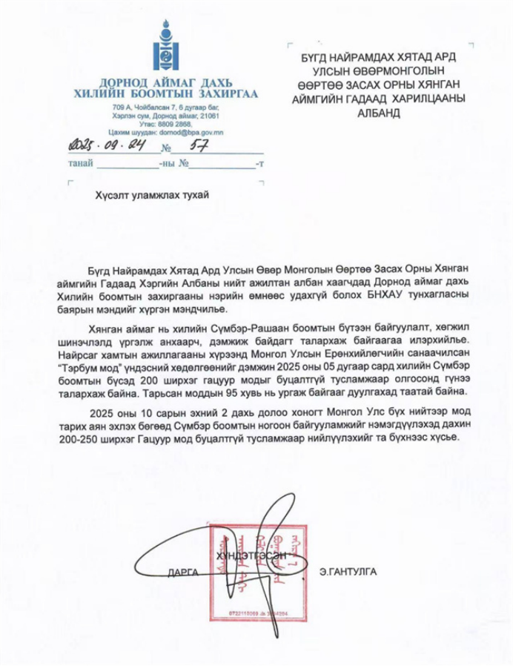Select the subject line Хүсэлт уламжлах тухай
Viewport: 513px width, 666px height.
[x=152, y=195]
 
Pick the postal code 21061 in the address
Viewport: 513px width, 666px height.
[x=210, y=116]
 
